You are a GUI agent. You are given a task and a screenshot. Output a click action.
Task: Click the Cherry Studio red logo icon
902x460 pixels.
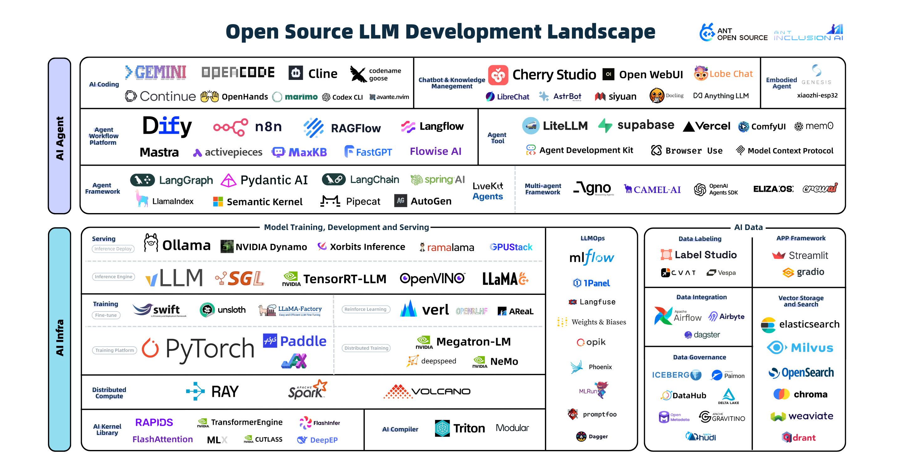(x=498, y=75)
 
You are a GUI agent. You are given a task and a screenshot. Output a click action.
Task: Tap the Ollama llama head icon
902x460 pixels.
(x=151, y=243)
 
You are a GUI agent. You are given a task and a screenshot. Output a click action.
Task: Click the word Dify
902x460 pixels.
(x=167, y=126)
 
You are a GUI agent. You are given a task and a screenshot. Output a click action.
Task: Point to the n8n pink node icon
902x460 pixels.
(x=231, y=127)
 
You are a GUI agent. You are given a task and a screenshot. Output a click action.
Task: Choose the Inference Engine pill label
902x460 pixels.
(x=113, y=277)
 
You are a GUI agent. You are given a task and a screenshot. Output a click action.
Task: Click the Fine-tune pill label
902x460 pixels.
(x=106, y=315)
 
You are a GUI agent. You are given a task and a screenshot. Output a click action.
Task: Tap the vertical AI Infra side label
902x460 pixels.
(x=60, y=338)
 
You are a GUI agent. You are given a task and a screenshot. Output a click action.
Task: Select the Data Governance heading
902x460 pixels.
(x=699, y=357)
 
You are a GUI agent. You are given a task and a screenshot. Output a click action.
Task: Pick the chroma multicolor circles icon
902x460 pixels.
(x=781, y=394)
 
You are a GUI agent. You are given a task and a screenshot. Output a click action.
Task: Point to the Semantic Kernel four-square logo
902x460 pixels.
(x=218, y=202)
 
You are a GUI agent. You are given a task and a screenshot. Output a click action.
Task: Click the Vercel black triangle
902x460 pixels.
(x=688, y=127)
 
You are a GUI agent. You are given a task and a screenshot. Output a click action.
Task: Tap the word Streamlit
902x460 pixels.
(x=808, y=255)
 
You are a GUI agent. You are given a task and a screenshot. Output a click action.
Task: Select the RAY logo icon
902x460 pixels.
(x=195, y=391)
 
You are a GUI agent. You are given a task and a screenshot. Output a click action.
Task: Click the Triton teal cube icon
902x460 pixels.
(x=442, y=428)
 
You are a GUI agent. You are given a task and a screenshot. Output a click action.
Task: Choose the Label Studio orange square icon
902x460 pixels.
(x=666, y=255)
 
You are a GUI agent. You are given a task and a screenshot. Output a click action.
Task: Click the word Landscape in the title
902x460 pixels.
(x=601, y=32)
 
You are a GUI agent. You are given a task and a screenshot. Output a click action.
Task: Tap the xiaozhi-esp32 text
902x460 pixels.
(x=817, y=95)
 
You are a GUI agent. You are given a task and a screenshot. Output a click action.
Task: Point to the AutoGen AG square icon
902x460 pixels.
(x=400, y=201)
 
